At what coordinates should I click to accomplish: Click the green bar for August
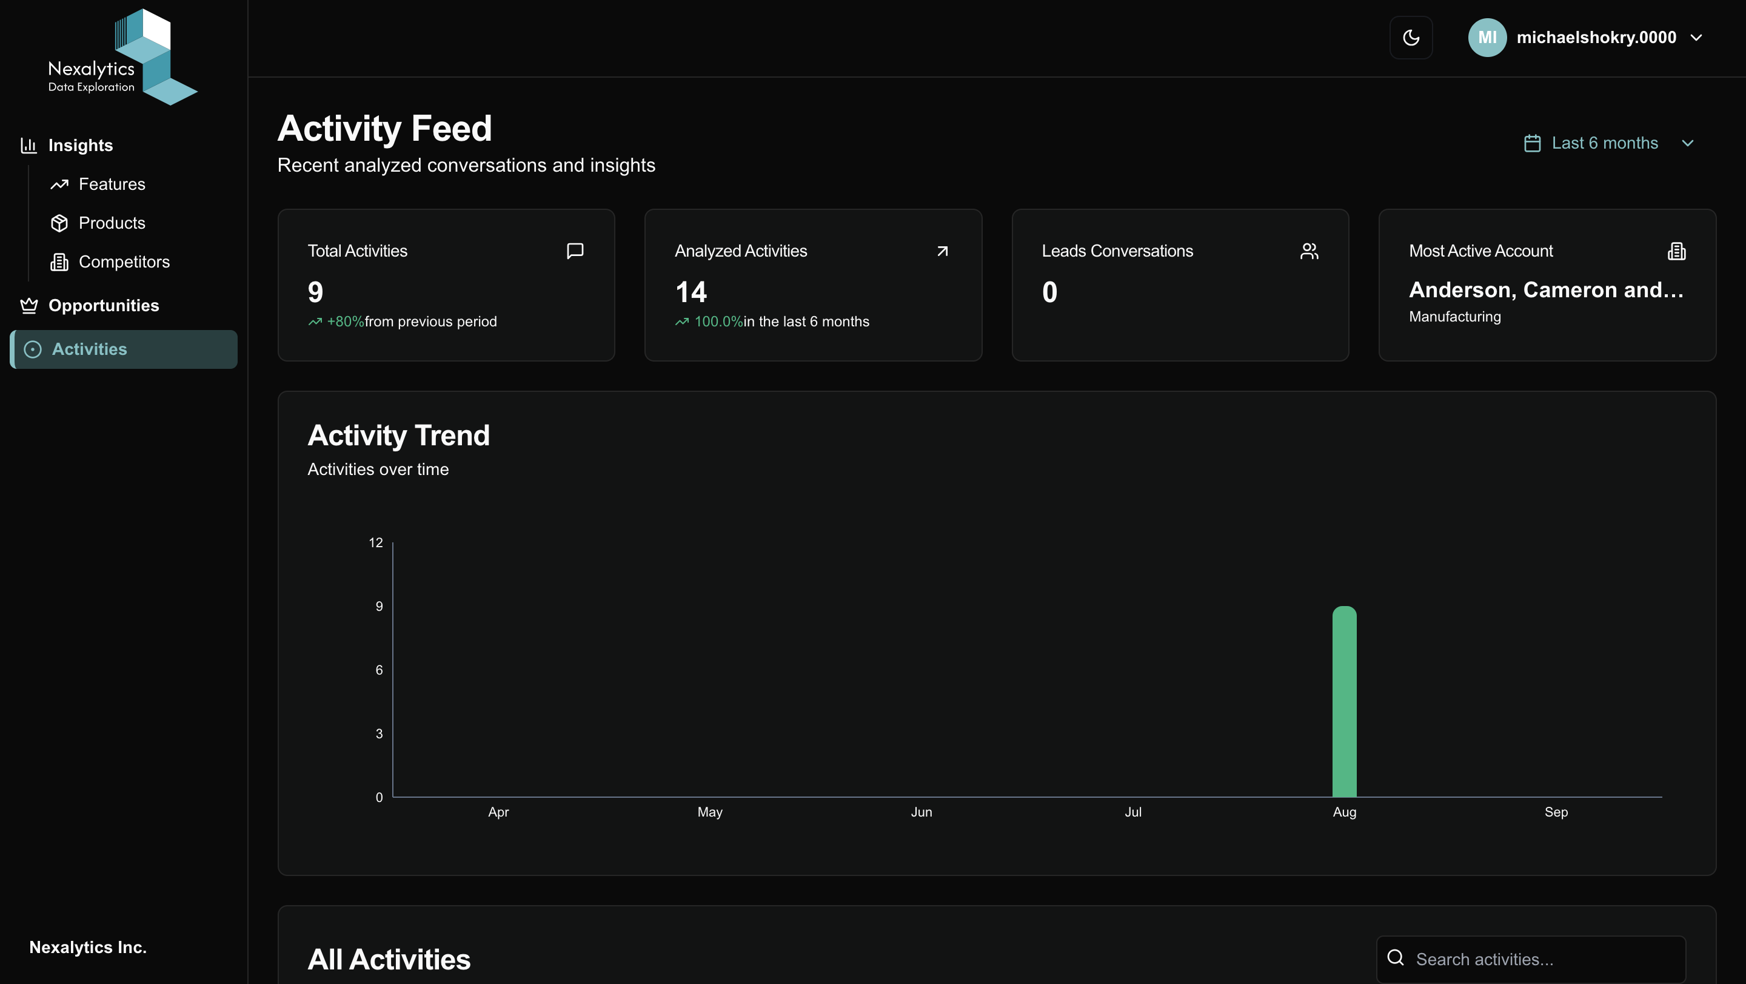tap(1344, 702)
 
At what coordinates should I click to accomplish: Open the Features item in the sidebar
tap(112, 184)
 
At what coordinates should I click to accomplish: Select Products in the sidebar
tap(112, 223)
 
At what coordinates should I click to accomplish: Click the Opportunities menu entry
tap(103, 306)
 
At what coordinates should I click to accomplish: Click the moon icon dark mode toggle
tap(1411, 37)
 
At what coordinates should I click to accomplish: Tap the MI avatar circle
tap(1487, 37)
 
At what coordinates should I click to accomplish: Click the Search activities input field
tap(1539, 959)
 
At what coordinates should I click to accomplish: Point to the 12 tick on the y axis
tap(375, 542)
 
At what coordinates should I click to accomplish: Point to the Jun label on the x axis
tap(921, 812)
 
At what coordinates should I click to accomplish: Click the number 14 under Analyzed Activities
tap(691, 292)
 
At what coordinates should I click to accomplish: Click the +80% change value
tap(345, 322)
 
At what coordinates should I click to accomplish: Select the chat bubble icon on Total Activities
tap(575, 251)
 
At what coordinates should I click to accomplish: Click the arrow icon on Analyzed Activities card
tap(942, 251)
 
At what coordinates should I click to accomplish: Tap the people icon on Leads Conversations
tap(1309, 251)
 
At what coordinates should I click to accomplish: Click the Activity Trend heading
tap(398, 436)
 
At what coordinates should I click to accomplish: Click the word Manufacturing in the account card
tap(1454, 317)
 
